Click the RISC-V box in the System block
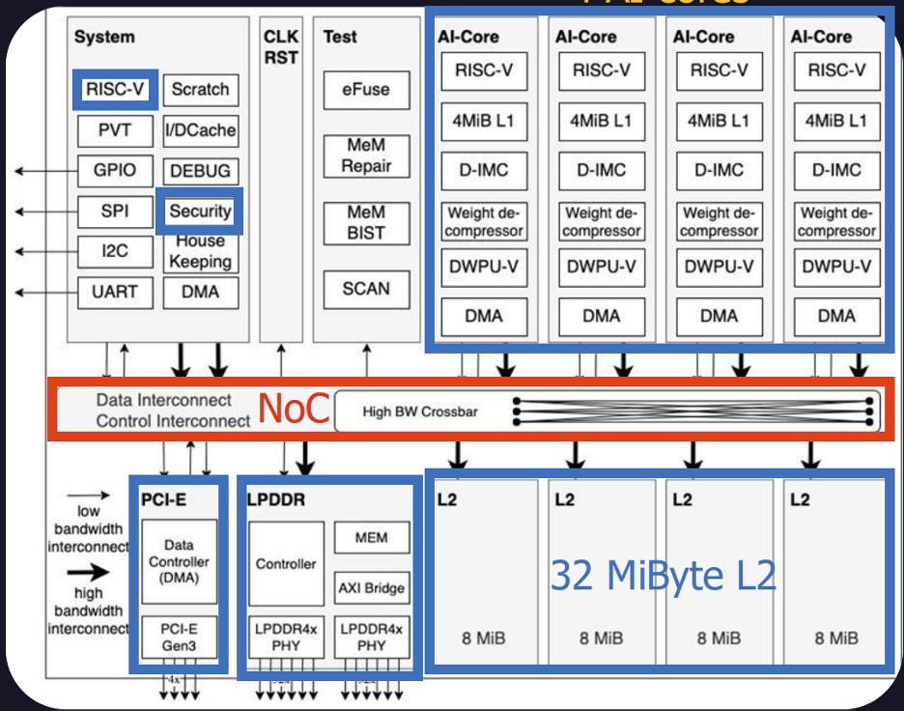click(115, 90)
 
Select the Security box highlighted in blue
click(200, 212)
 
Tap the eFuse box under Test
click(366, 90)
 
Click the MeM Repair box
click(366, 156)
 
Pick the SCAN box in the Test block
click(366, 288)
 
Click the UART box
click(115, 291)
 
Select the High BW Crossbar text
click(420, 412)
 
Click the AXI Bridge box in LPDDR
click(372, 587)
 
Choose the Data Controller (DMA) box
click(180, 561)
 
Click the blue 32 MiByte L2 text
click(664, 576)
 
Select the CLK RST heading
click(281, 47)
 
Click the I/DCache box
click(200, 130)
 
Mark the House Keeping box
click(200, 252)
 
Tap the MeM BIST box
click(366, 222)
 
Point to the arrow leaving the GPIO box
click(43, 171)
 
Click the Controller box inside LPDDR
click(286, 563)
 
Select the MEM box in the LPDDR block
click(372, 538)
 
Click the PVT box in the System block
click(115, 130)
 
